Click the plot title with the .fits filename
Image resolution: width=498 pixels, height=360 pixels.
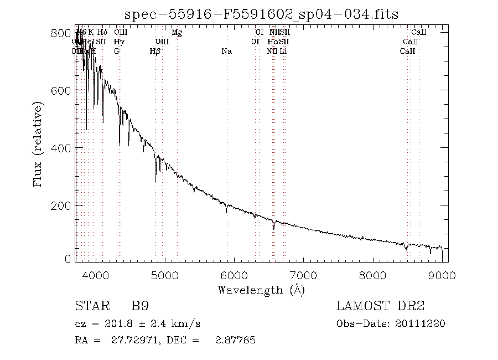pos(261,14)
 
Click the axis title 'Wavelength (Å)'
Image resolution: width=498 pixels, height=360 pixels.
pos(261,289)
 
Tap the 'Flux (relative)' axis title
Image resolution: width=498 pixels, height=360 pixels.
pos(38,144)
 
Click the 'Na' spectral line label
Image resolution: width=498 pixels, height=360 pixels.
pos(226,51)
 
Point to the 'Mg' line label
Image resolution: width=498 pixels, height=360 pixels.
pos(177,33)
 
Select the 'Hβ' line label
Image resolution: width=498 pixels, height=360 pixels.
pos(155,51)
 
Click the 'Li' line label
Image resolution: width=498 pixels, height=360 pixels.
pos(283,51)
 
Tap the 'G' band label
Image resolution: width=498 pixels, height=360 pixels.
pos(117,51)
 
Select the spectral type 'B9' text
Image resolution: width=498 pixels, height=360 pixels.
pos(139,306)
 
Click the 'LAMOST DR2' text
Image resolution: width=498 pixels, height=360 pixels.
pos(380,306)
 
